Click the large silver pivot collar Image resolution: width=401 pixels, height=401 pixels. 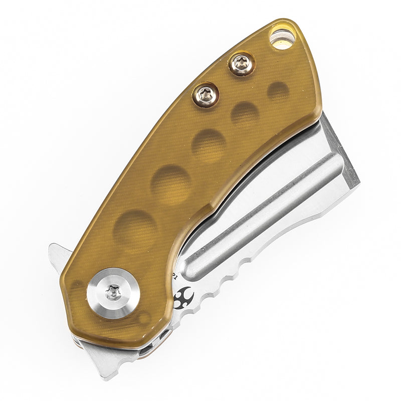point(112,292)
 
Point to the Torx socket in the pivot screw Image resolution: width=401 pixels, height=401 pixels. point(113,290)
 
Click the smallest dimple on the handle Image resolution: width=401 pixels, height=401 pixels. point(278,91)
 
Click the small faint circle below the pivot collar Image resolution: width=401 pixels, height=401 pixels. point(145,317)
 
